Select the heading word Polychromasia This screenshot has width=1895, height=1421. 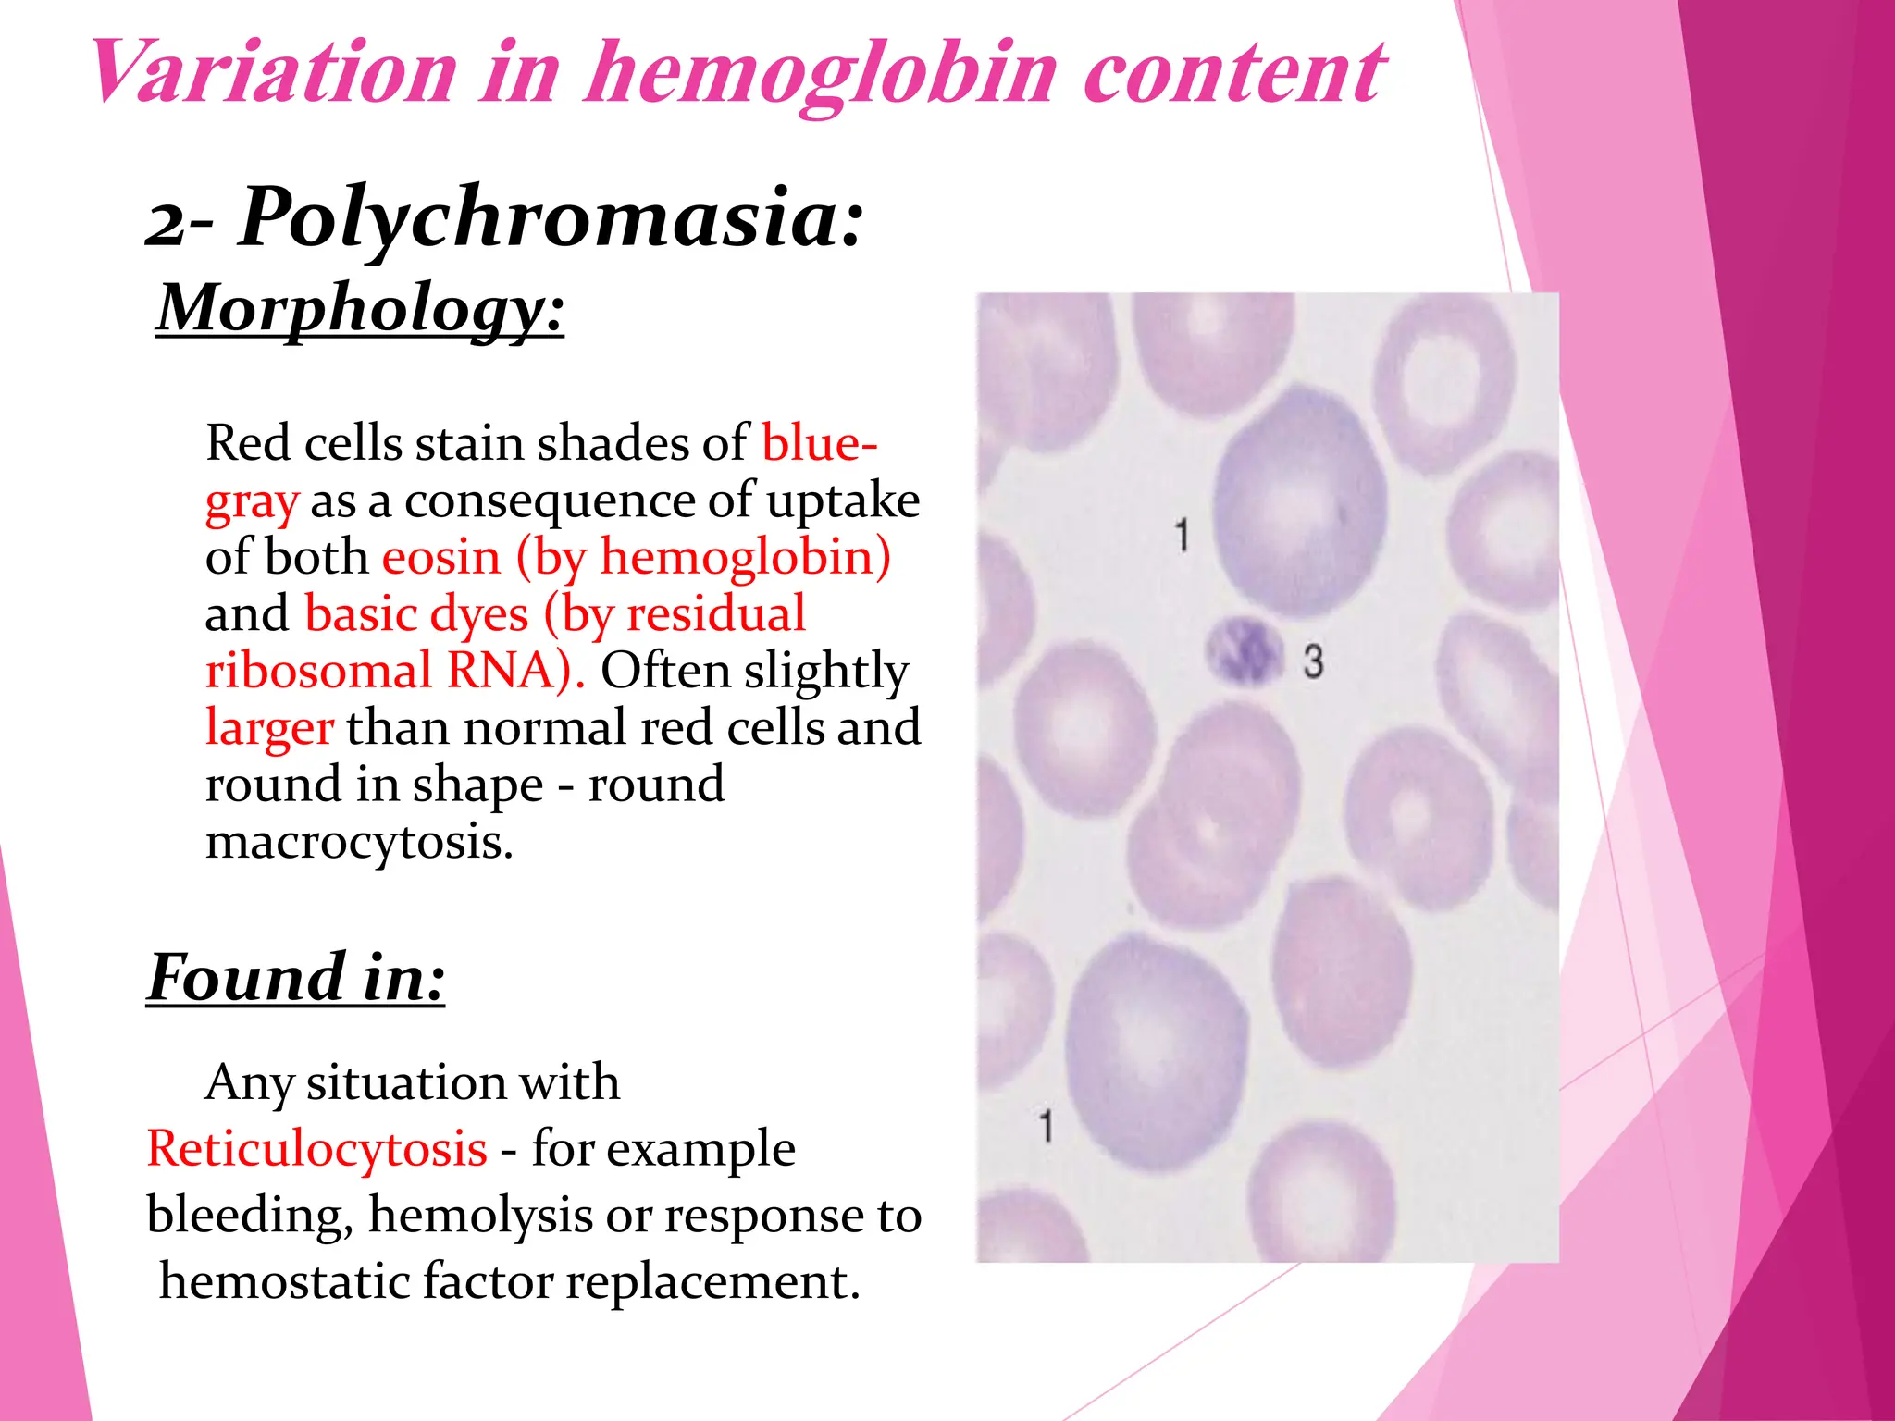click(x=551, y=220)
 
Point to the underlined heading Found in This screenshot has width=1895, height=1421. click(x=296, y=978)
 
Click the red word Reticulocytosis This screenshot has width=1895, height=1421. click(x=316, y=1149)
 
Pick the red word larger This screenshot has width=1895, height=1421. click(x=268, y=727)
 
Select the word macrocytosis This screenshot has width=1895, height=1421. click(x=358, y=841)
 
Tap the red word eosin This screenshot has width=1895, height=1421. click(x=441, y=558)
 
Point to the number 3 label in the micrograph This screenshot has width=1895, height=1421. click(x=1313, y=662)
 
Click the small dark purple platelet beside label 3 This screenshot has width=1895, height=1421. click(x=1245, y=650)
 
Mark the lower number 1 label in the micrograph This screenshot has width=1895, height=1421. click(x=1046, y=1127)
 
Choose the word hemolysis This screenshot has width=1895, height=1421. click(x=479, y=1216)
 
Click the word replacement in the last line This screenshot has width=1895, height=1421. click(x=712, y=1282)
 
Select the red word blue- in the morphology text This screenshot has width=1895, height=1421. click(x=819, y=443)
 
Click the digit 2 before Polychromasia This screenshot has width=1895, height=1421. click(x=167, y=225)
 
